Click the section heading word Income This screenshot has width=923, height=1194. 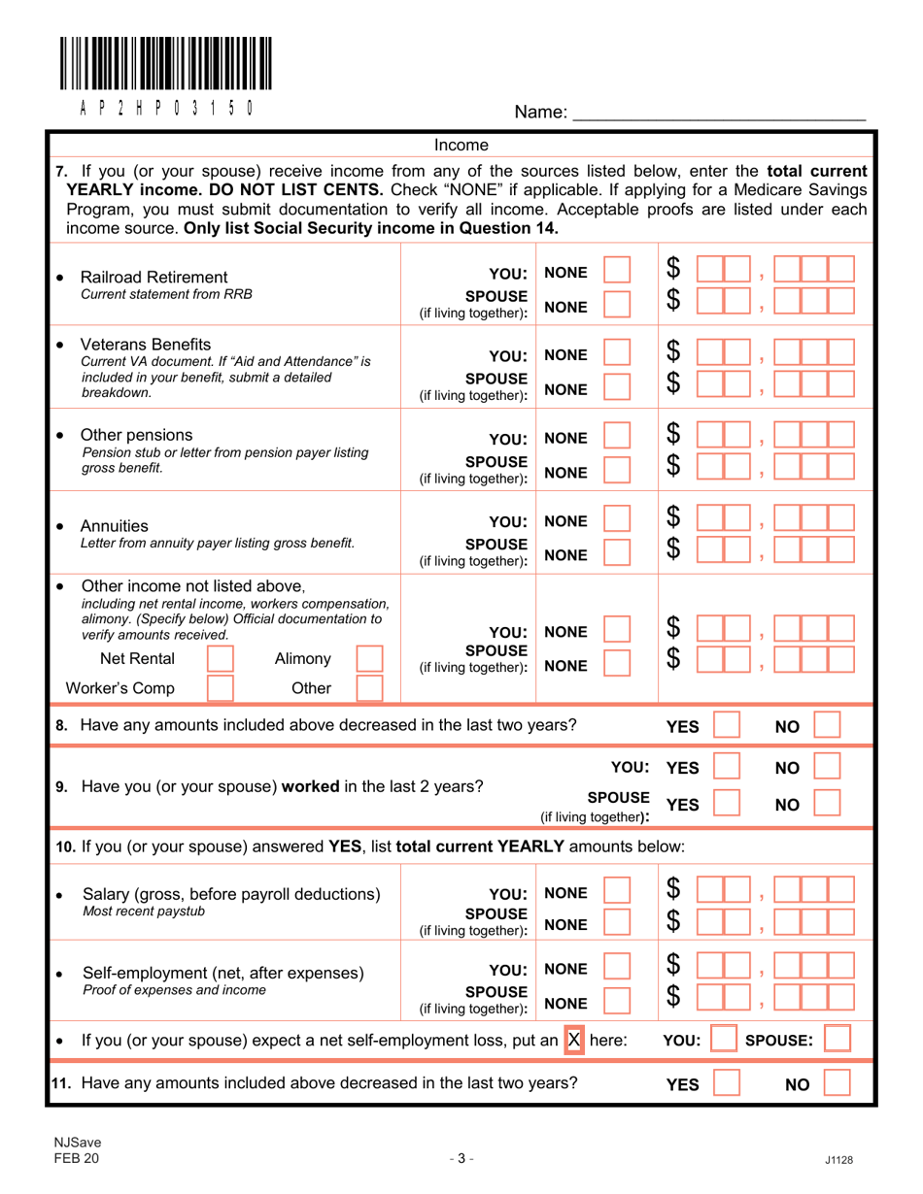(x=461, y=146)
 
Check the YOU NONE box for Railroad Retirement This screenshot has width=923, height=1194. (x=618, y=274)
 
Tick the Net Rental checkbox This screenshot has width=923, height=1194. (x=222, y=661)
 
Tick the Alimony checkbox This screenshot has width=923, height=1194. (x=371, y=661)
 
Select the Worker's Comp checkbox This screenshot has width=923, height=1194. (x=222, y=689)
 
